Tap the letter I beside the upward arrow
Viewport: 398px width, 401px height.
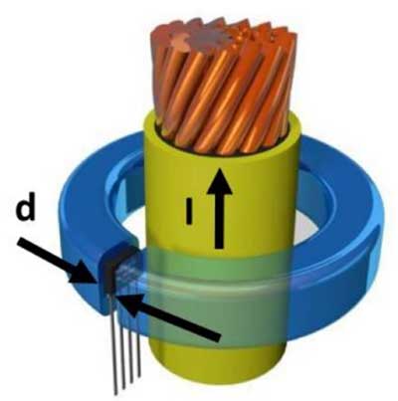[x=189, y=211]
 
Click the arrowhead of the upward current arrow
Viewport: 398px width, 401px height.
[x=219, y=181]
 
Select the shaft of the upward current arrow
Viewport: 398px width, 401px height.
[x=219, y=221]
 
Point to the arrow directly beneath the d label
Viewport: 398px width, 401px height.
[x=58, y=262]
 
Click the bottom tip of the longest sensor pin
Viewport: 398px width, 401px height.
[x=115, y=395]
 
